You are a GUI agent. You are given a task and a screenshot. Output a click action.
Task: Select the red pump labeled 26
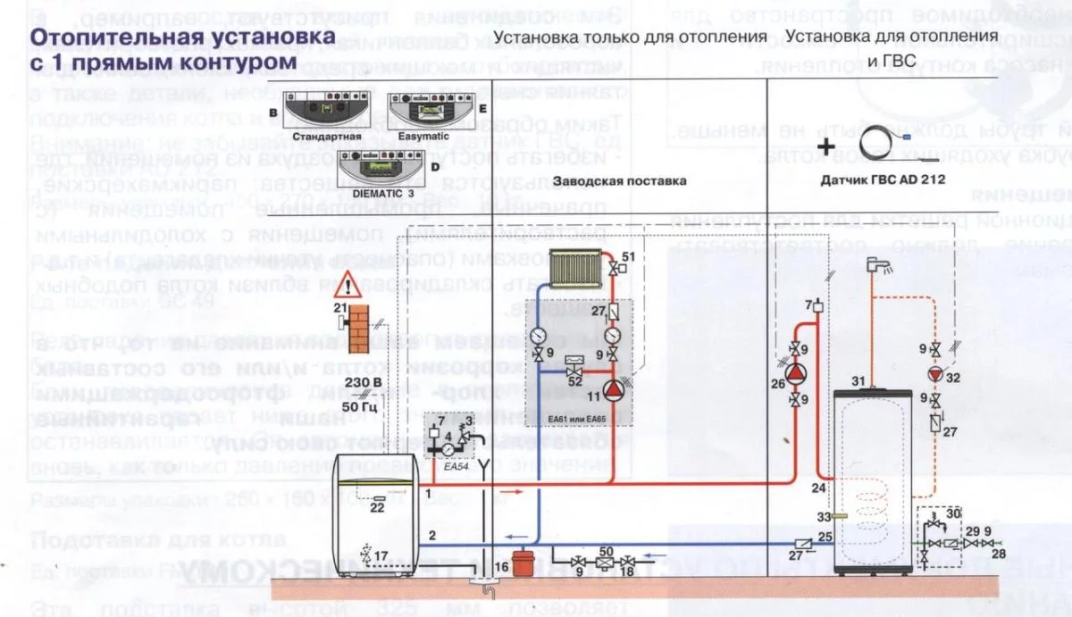click(x=793, y=367)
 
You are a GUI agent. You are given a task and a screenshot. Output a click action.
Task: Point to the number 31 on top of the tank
click(x=857, y=383)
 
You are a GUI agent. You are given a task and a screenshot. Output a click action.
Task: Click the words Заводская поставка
click(x=619, y=180)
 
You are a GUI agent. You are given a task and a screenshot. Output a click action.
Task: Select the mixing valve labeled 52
click(x=575, y=366)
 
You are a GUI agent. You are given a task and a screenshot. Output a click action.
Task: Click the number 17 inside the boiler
click(x=381, y=556)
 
